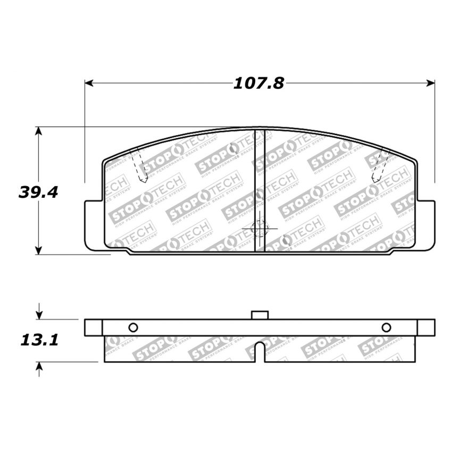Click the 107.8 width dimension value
click(x=259, y=83)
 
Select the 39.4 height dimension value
click(x=38, y=192)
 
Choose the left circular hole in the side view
click(x=133, y=327)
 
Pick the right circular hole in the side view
click(x=386, y=327)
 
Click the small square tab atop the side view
click(x=260, y=315)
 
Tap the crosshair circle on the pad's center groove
click(x=260, y=229)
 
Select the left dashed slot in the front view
click(x=139, y=166)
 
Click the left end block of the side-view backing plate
click(x=93, y=327)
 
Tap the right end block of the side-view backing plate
click(x=426, y=327)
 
